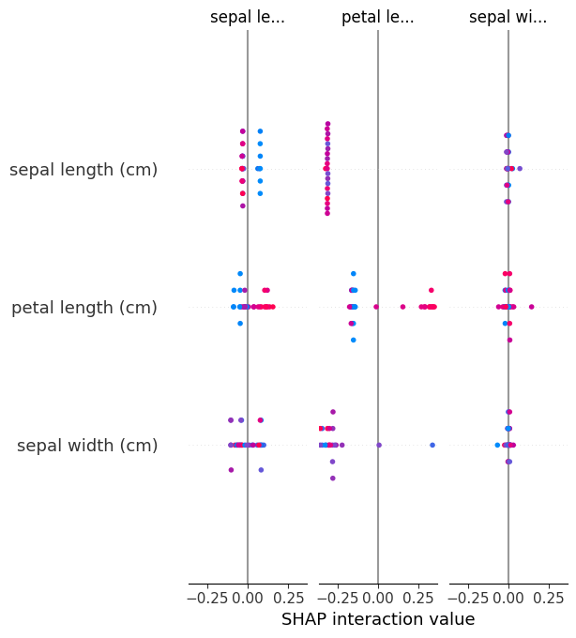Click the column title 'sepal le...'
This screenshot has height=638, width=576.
pos(247,17)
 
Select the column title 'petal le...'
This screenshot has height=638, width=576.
pos(377,17)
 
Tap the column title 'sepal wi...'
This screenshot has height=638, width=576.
pos(508,17)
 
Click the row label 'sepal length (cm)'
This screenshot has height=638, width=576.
pos(83,170)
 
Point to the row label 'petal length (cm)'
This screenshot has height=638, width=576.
pos(84,308)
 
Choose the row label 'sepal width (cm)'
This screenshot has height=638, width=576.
pos(87,446)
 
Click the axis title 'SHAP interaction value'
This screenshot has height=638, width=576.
pos(378,619)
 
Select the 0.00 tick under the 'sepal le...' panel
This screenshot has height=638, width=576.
pos(247,596)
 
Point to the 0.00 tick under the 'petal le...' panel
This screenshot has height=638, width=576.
pos(377,596)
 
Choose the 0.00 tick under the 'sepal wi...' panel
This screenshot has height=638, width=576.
pos(508,596)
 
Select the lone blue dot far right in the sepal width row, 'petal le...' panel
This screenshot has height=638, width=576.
pos(432,445)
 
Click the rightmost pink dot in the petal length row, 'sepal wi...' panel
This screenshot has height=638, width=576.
pos(531,307)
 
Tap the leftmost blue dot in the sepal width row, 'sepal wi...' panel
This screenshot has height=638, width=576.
pos(497,445)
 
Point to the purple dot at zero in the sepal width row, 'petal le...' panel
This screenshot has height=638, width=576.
pos(379,445)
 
